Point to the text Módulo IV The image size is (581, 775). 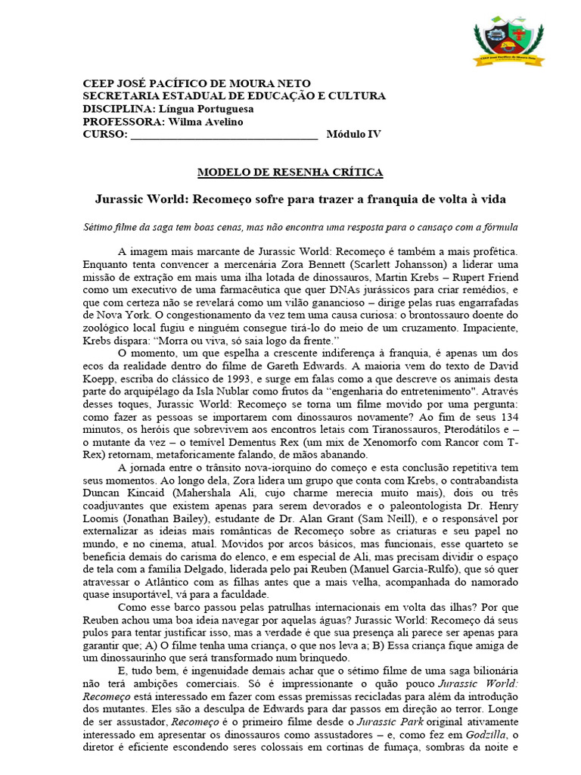(354, 134)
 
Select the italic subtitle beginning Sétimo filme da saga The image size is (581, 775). (290, 228)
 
